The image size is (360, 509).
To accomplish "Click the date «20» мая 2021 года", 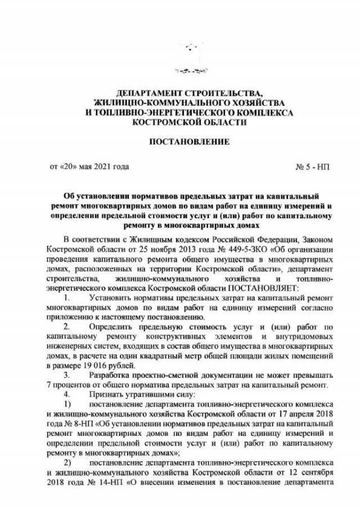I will (x=89, y=166).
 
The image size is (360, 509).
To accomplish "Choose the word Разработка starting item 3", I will (x=111, y=375).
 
